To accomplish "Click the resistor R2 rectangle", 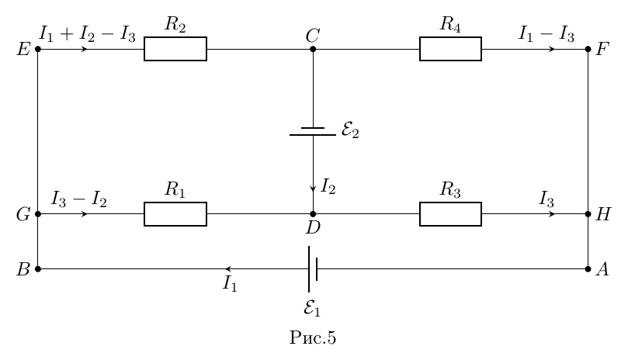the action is pos(175,49).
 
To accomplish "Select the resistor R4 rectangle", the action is pos(450,49).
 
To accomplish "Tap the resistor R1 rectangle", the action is pos(175,214).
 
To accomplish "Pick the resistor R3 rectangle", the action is pos(450,214).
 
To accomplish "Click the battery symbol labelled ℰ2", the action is pos(313,132).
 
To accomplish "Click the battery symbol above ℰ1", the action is pos(313,269).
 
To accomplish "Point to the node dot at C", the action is pos(313,49).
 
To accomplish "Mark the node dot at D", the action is pos(313,214).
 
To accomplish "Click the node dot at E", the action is pos(38,49).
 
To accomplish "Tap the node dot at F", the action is pos(588,49).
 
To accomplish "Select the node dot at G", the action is pos(38,214).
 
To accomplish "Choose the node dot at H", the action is pos(588,214).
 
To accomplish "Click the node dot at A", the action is pos(588,269).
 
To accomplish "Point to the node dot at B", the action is pos(38,269).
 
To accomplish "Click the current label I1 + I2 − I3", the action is pos(87,34).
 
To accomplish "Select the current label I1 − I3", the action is pos(546,34).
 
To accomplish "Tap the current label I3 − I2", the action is pos(79,199).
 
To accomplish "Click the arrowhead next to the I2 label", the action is pos(313,189).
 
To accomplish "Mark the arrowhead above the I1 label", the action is pos(228,269).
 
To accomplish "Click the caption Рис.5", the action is pos(313,337).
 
